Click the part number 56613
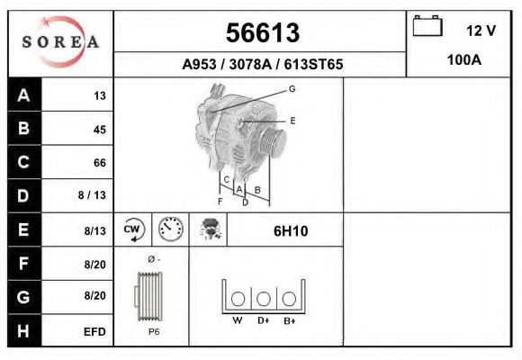coord(263,33)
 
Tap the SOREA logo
coord(60,41)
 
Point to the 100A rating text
coord(464,60)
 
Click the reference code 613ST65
coord(313,64)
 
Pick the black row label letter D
coord(23,196)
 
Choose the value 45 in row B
coord(100,130)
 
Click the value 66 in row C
coord(100,163)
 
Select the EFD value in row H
coord(94,332)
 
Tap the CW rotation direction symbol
coord(134,229)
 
